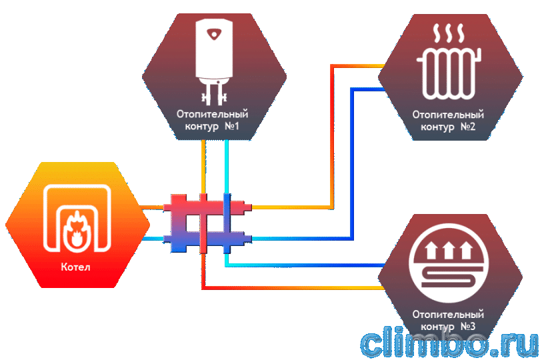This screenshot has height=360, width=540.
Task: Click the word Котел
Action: point(76,267)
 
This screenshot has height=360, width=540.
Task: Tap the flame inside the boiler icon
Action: point(75,229)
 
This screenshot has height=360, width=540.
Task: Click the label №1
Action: point(232,127)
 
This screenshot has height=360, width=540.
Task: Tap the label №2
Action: point(468,127)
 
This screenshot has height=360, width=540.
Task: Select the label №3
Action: point(468,326)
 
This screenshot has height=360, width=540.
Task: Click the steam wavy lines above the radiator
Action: point(449,33)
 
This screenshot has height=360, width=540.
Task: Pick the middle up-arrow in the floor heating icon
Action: point(449,250)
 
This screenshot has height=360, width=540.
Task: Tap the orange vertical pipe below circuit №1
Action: point(203,167)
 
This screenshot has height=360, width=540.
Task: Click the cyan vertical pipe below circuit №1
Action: point(226,167)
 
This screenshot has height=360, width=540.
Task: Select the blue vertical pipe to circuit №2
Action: point(352,163)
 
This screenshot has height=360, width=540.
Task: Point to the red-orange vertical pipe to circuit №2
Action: point(333,137)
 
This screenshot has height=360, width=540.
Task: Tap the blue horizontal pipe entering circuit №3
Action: point(305,265)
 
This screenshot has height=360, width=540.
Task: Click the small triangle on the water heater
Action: point(214,34)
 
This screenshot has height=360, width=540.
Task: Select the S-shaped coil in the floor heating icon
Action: point(449,276)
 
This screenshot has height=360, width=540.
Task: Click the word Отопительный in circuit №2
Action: point(449,115)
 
